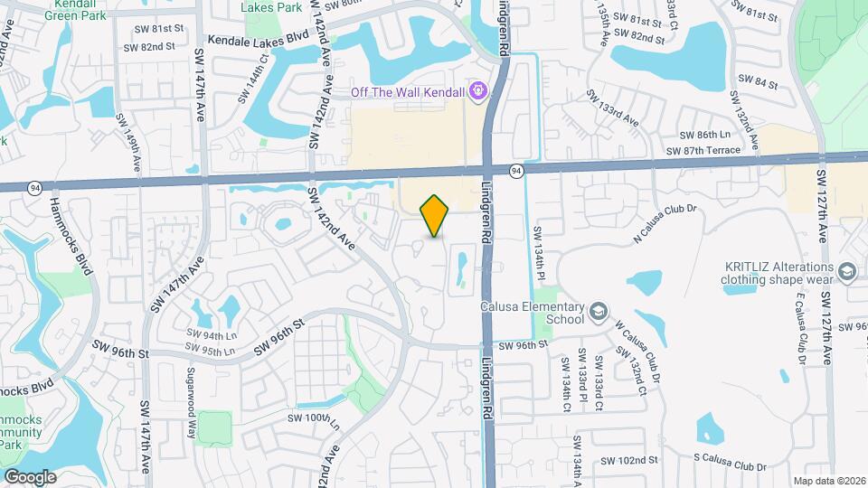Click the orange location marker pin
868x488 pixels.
tap(435, 216)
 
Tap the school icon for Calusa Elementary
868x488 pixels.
tap(598, 313)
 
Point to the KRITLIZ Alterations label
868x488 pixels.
tap(778, 272)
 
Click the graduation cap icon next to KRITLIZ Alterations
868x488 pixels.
tap(847, 272)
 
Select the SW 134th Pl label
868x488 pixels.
tap(541, 251)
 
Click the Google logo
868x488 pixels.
tap(30, 476)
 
